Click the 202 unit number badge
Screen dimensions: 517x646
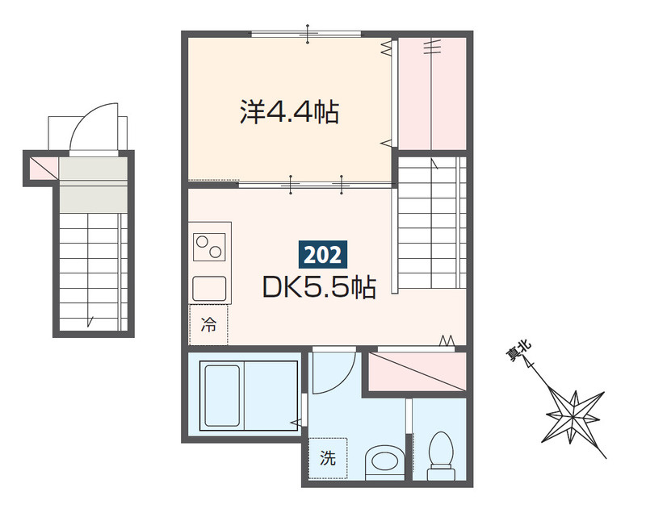point(323,255)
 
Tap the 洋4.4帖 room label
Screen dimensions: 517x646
point(288,112)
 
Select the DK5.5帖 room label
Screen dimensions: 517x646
point(318,287)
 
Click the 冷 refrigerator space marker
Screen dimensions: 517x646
point(208,325)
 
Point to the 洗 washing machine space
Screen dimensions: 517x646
point(327,458)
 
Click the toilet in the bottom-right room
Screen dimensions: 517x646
point(441,453)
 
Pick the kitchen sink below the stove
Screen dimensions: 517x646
point(209,286)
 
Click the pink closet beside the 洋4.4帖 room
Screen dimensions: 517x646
point(433,93)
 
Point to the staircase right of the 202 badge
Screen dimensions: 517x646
point(431,221)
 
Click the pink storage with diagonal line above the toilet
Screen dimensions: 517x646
point(417,372)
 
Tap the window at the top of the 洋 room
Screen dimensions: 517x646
point(306,33)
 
